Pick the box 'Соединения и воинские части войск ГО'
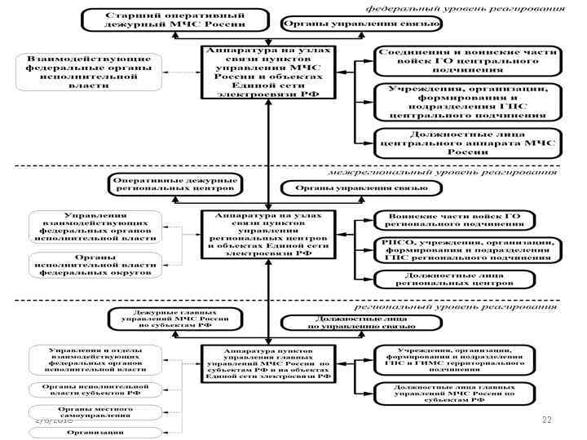coord(467,60)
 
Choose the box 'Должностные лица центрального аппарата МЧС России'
coord(467,143)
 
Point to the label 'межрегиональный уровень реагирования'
coord(444,172)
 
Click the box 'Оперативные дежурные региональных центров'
coord(175,184)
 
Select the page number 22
coord(547,419)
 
